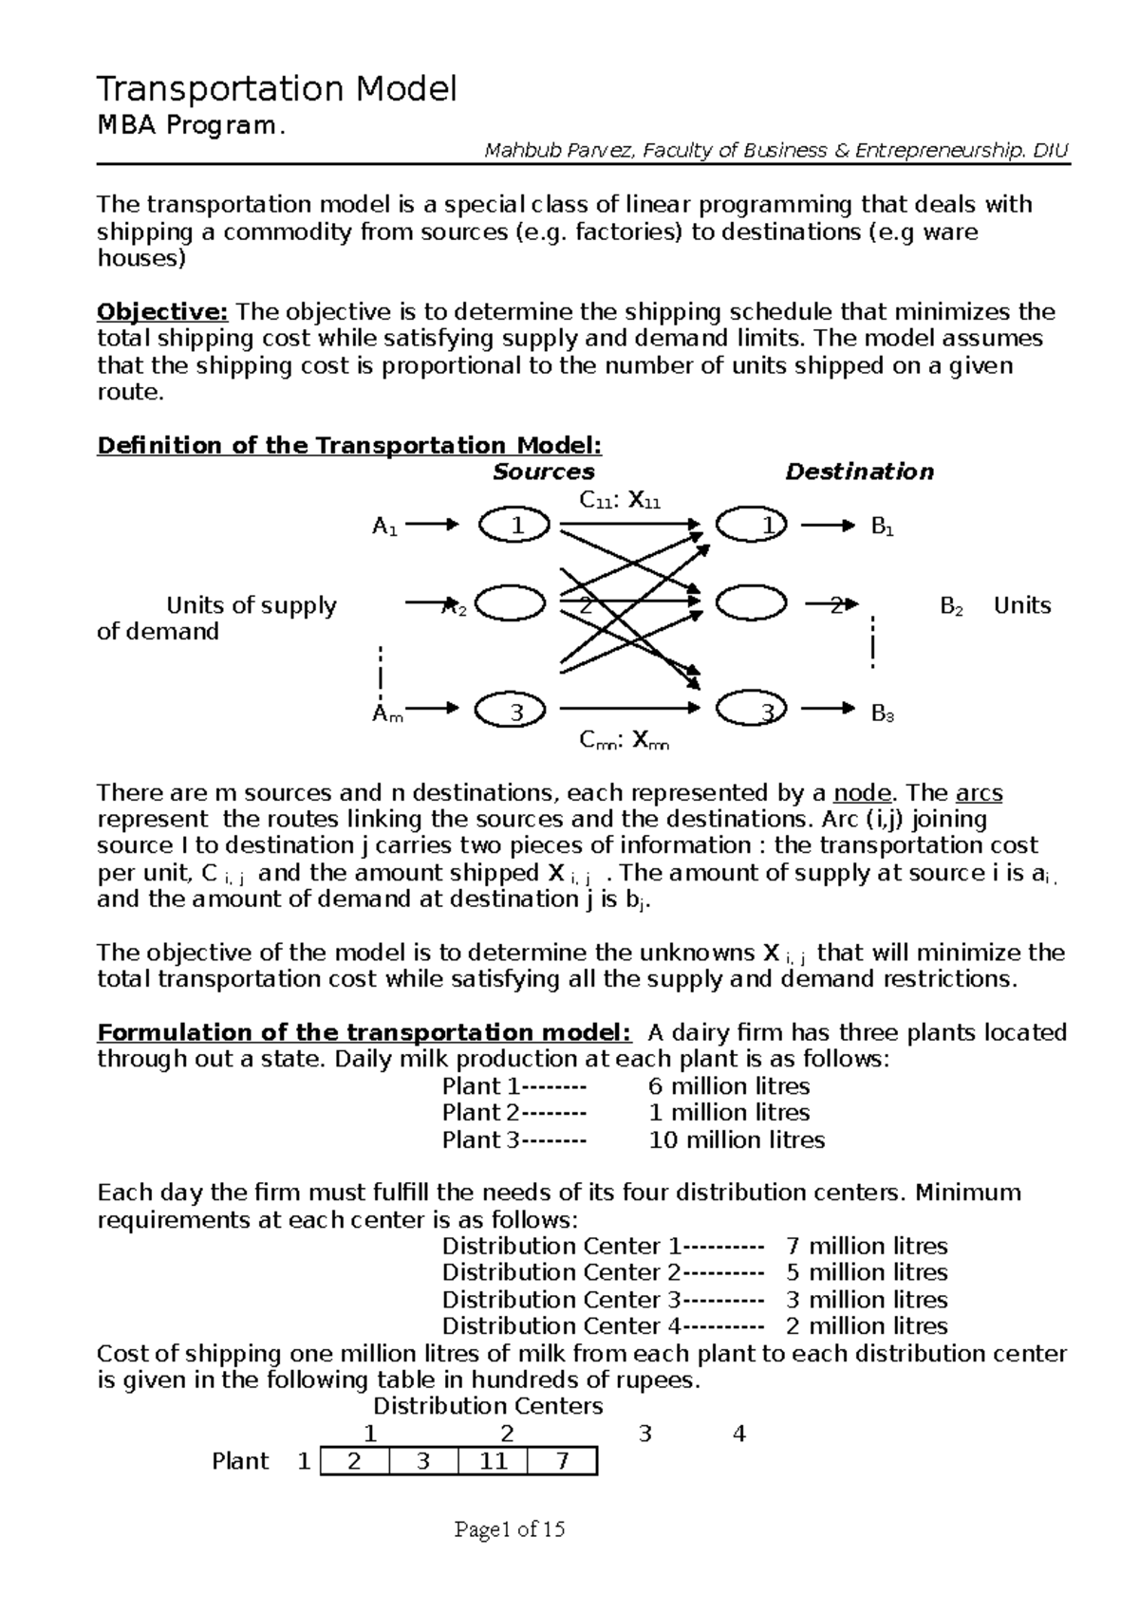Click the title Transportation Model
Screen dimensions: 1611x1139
click(277, 89)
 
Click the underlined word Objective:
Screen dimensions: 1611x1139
click(163, 312)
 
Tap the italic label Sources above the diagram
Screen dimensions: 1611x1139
click(543, 472)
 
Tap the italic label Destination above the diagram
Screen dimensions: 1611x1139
click(859, 472)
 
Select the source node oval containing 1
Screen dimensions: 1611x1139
click(514, 525)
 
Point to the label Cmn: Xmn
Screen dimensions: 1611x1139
click(624, 741)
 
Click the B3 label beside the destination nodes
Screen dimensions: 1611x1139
click(883, 713)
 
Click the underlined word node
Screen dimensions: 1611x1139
click(862, 793)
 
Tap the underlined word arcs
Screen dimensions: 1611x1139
click(979, 793)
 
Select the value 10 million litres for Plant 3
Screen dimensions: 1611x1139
click(737, 1140)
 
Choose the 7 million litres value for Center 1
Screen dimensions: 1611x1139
click(867, 1247)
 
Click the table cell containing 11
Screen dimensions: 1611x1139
click(493, 1461)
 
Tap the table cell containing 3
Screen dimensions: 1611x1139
click(423, 1461)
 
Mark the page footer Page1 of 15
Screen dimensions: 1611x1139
click(510, 1529)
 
